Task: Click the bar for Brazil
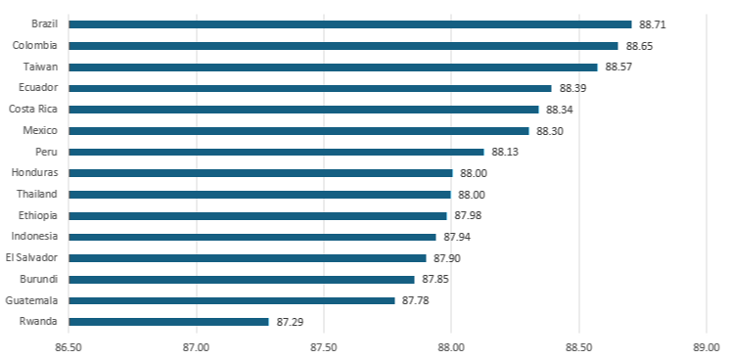[x=350, y=24]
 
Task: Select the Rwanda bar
[x=168, y=322]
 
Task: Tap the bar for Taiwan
[x=333, y=67]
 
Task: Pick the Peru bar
[x=276, y=152]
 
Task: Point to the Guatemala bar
[x=232, y=300]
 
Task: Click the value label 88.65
[x=639, y=46]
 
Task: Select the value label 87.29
[x=290, y=322]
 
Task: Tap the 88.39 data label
[x=572, y=89]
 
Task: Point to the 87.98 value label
[x=468, y=216]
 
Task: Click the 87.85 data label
[x=435, y=280]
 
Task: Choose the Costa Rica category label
[x=33, y=110]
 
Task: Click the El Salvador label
[x=31, y=258]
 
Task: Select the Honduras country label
[x=35, y=173]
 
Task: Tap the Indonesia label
[x=35, y=237]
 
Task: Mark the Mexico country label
[x=40, y=130]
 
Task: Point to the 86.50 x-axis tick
[x=69, y=347]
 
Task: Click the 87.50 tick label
[x=324, y=347]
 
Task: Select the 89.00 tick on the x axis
[x=707, y=347]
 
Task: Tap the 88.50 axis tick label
[x=579, y=347]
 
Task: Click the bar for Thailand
[x=259, y=195]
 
